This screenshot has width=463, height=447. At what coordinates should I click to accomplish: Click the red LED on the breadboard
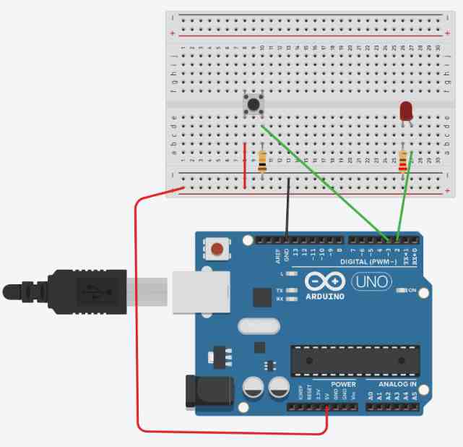click(x=406, y=111)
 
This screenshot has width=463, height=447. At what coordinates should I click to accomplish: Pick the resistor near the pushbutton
click(x=261, y=161)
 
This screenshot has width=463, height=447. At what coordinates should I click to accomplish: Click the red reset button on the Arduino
click(x=217, y=250)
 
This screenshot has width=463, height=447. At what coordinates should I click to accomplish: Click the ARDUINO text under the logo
click(x=324, y=296)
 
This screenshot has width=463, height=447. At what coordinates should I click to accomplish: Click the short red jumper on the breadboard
click(x=245, y=166)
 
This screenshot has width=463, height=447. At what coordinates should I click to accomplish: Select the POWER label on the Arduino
click(x=343, y=383)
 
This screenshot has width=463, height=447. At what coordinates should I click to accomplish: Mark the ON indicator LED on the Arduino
click(x=403, y=291)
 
